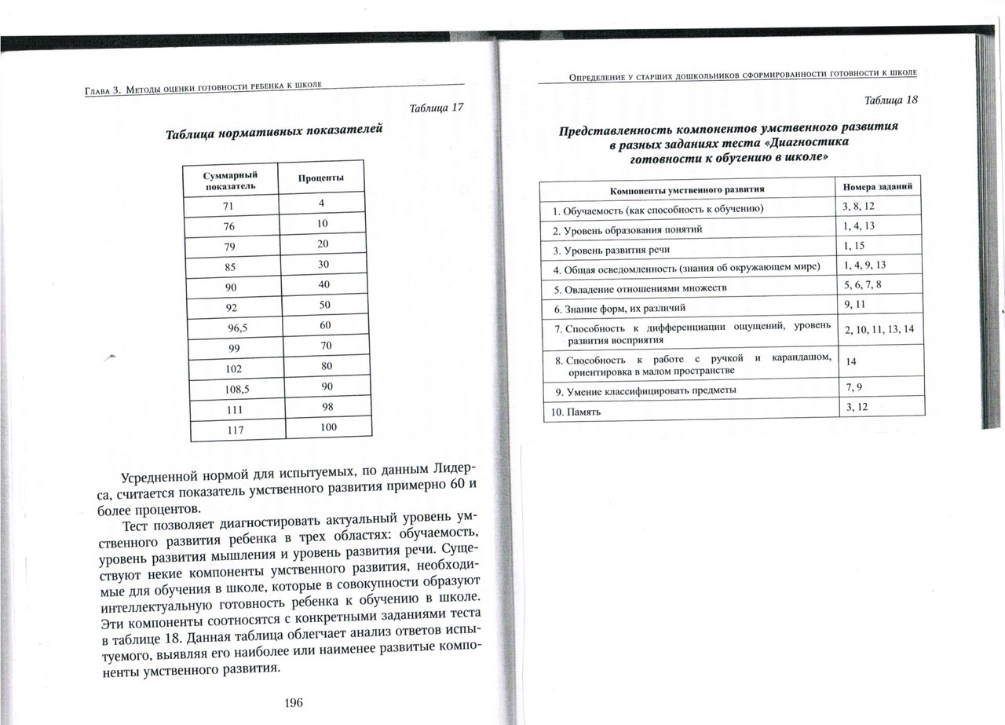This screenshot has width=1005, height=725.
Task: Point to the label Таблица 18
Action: pyautogui.click(x=890, y=100)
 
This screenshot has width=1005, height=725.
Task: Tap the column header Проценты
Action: pyautogui.click(x=321, y=178)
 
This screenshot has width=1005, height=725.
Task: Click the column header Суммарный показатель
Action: pyautogui.click(x=231, y=180)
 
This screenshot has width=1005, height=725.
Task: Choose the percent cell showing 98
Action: pyautogui.click(x=326, y=406)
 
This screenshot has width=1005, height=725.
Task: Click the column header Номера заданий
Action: pyautogui.click(x=877, y=188)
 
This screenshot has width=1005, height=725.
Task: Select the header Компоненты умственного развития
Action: pyautogui.click(x=687, y=190)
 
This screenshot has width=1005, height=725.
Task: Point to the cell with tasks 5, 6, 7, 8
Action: pyautogui.click(x=863, y=284)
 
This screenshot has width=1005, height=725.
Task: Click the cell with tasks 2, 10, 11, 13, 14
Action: pyautogui.click(x=879, y=329)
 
